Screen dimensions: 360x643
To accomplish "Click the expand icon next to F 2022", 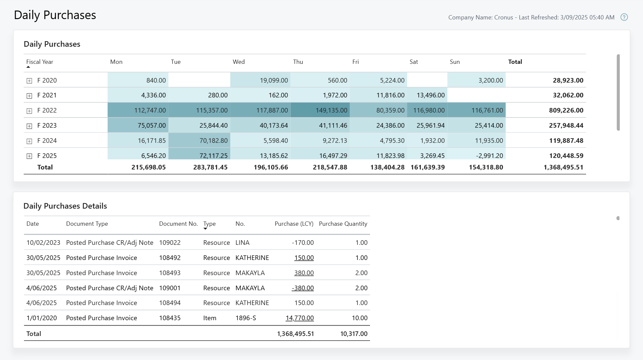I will pyautogui.click(x=29, y=111).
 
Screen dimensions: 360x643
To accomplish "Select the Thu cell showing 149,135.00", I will pyautogui.click(x=331, y=110).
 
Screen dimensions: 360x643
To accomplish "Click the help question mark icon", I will pyautogui.click(x=624, y=17).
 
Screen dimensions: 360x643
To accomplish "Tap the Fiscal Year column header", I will pyautogui.click(x=39, y=62).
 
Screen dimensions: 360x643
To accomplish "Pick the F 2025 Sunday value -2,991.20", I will pyautogui.click(x=489, y=156).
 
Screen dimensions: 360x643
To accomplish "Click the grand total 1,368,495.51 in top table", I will pyautogui.click(x=563, y=167).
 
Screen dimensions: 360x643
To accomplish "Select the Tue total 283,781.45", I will pyautogui.click(x=210, y=167).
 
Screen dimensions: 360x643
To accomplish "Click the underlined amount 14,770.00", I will pyautogui.click(x=299, y=318).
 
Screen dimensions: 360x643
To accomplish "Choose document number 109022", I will pyautogui.click(x=170, y=243).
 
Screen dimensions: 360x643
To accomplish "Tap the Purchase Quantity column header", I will pyautogui.click(x=343, y=224).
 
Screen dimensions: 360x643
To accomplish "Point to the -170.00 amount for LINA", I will pyautogui.click(x=303, y=243).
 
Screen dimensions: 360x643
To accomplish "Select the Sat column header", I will pyautogui.click(x=413, y=62).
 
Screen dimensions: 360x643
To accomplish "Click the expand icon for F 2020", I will pyautogui.click(x=29, y=81).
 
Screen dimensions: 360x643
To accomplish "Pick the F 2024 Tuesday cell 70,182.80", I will pyautogui.click(x=213, y=141).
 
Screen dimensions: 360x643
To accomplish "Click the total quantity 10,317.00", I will pyautogui.click(x=354, y=334).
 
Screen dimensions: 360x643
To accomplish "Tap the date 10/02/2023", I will pyautogui.click(x=43, y=243).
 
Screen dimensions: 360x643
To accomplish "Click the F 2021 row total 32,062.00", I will pyautogui.click(x=568, y=95).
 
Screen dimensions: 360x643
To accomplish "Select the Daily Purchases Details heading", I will pyautogui.click(x=65, y=206).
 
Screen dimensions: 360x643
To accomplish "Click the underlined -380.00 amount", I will pyautogui.click(x=303, y=288).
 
